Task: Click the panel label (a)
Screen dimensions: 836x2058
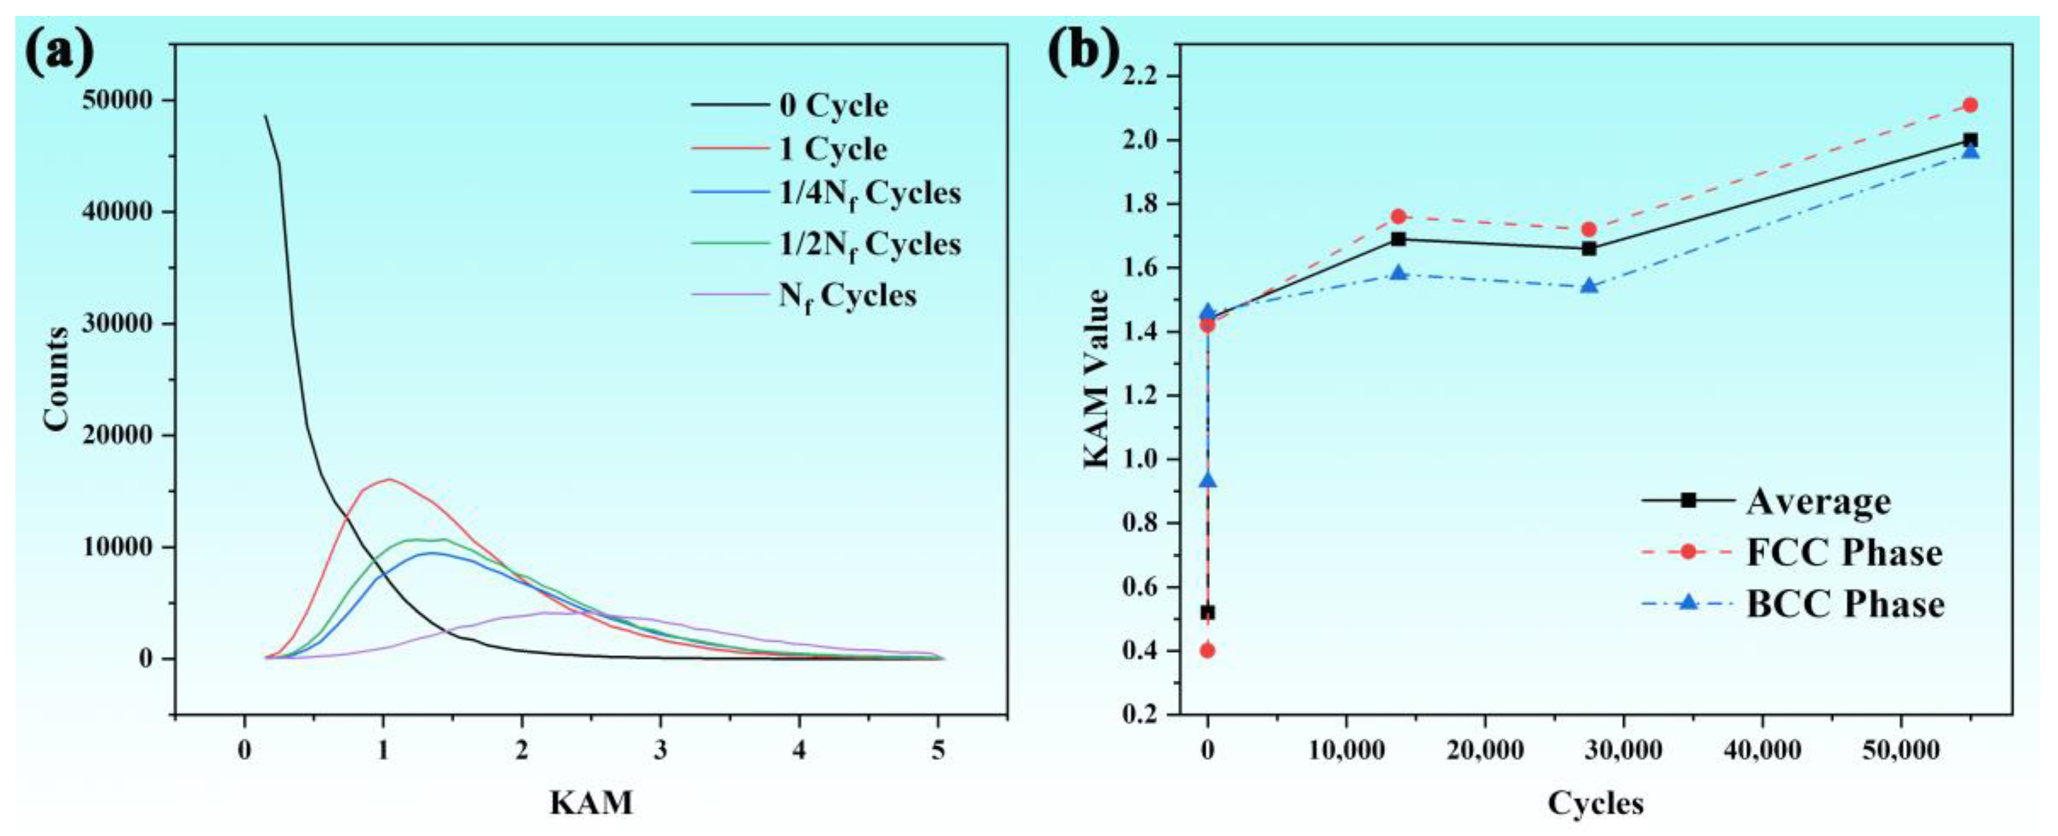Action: click(x=60, y=52)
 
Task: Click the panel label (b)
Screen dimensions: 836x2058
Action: click(x=1083, y=52)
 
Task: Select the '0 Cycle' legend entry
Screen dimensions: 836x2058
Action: click(x=833, y=105)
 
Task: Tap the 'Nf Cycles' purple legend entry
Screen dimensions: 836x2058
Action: click(x=847, y=296)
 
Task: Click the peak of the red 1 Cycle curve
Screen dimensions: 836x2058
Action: click(x=389, y=479)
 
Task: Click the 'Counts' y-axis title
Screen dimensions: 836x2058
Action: click(x=57, y=379)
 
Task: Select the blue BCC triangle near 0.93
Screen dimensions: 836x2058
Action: click(x=1207, y=480)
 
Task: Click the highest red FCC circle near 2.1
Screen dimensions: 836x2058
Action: click(x=1970, y=105)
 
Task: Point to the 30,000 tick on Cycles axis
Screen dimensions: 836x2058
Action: click(x=1623, y=750)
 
